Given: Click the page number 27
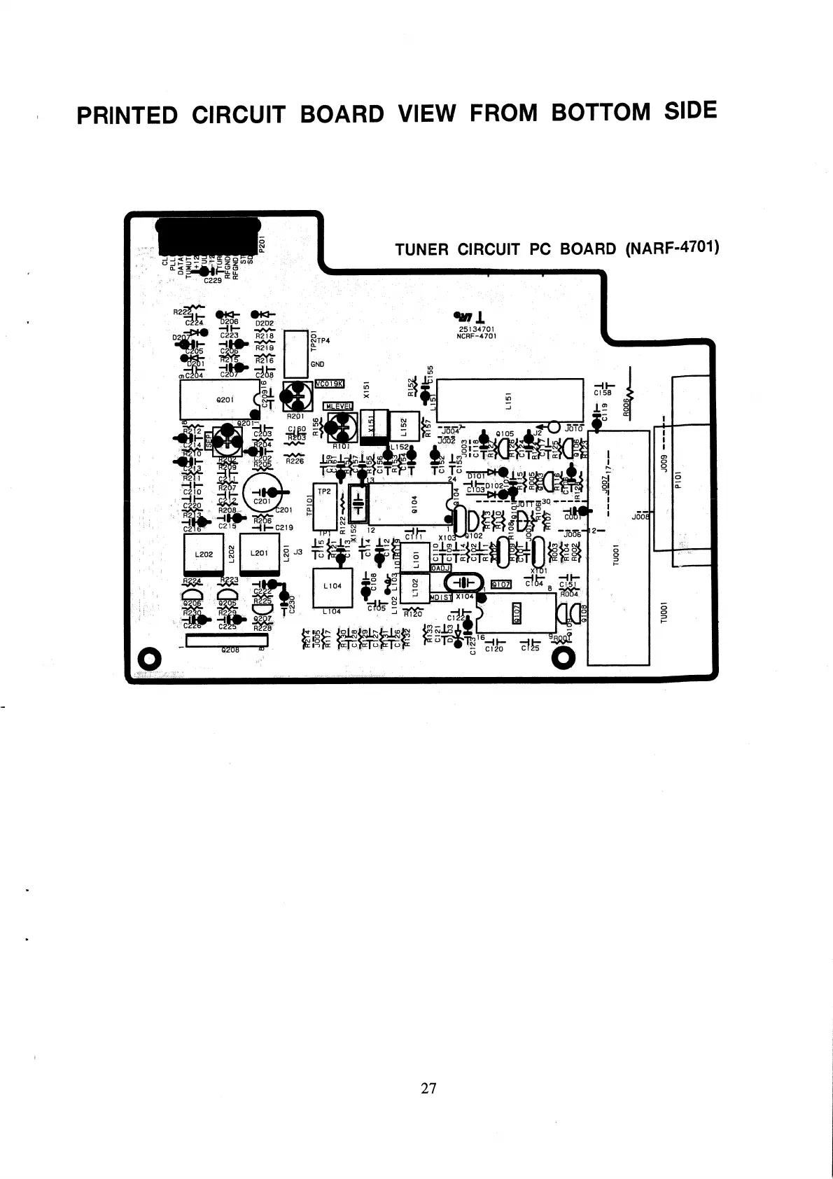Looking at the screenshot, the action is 429,1088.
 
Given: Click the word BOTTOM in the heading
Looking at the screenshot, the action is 601,113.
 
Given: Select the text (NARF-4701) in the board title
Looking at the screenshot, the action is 670,248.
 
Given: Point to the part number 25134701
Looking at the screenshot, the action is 477,328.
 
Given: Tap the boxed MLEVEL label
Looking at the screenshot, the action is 339,406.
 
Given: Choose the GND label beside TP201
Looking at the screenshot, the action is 317,364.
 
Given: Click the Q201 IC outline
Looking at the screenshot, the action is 219,400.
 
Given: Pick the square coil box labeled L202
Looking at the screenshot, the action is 203,554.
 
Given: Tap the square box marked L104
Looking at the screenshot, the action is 332,586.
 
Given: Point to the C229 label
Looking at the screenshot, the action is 212,280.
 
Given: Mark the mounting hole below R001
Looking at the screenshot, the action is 563,657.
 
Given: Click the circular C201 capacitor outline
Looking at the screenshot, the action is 262,494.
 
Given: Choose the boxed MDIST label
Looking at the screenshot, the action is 441,597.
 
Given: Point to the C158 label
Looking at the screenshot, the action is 603,393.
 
